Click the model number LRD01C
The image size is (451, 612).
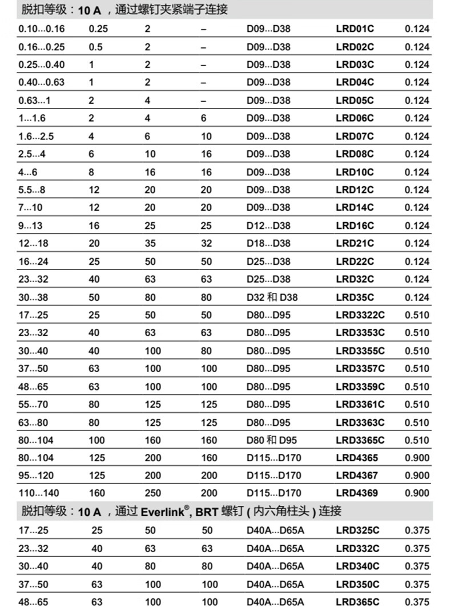[355, 29]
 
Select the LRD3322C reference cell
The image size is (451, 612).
[360, 315]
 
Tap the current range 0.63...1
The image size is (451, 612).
[34, 100]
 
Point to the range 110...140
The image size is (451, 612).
[39, 493]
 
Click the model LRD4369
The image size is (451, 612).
[357, 493]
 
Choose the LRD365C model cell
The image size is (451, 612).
[357, 602]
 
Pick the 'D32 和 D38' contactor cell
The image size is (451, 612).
[272, 297]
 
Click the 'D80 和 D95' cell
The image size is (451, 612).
[272, 440]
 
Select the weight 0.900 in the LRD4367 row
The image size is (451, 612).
[417, 476]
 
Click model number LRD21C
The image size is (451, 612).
[355, 244]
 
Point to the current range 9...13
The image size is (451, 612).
[30, 226]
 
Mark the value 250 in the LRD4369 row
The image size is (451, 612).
[152, 493]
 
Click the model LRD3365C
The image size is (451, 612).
[360, 440]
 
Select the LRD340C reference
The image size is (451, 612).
[357, 566]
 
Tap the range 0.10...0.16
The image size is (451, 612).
[41, 29]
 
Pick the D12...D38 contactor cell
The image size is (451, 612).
[268, 226]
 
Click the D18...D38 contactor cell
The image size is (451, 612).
[268, 244]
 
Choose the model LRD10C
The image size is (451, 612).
[355, 172]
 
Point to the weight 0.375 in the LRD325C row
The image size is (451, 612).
[417, 530]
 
